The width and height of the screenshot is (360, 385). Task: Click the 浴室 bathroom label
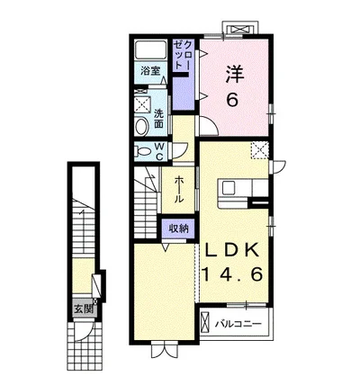pyautogui.click(x=150, y=71)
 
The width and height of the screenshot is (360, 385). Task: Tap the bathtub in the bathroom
pyautogui.click(x=150, y=49)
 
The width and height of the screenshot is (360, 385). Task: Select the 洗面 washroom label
pyautogui.click(x=158, y=119)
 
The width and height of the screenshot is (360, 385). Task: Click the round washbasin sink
pyautogui.click(x=142, y=126)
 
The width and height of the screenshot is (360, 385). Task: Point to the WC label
pyautogui.click(x=159, y=151)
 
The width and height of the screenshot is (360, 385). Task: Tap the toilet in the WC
pyautogui.click(x=142, y=152)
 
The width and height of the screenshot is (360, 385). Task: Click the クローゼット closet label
pyautogui.click(x=183, y=55)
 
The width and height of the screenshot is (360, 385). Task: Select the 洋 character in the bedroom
pyautogui.click(x=234, y=75)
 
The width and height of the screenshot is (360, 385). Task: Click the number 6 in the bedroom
pyautogui.click(x=232, y=100)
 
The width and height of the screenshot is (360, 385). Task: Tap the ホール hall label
pyautogui.click(x=179, y=190)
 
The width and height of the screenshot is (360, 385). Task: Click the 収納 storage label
pyautogui.click(x=178, y=228)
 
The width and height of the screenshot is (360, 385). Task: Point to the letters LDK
pyautogui.click(x=232, y=249)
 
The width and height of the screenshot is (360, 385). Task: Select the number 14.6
pyautogui.click(x=233, y=274)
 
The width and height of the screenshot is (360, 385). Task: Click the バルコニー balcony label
pyautogui.click(x=238, y=324)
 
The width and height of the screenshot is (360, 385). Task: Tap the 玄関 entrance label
pyautogui.click(x=83, y=309)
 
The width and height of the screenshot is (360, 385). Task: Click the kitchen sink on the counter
pyautogui.click(x=230, y=189)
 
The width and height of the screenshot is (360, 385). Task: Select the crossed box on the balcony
pyautogui.click(x=204, y=322)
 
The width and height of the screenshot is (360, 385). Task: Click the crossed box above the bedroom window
pyautogui.click(x=241, y=30)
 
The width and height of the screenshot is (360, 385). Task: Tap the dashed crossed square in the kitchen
pyautogui.click(x=260, y=150)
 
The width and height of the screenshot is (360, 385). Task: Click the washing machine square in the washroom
pyautogui.click(x=142, y=104)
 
